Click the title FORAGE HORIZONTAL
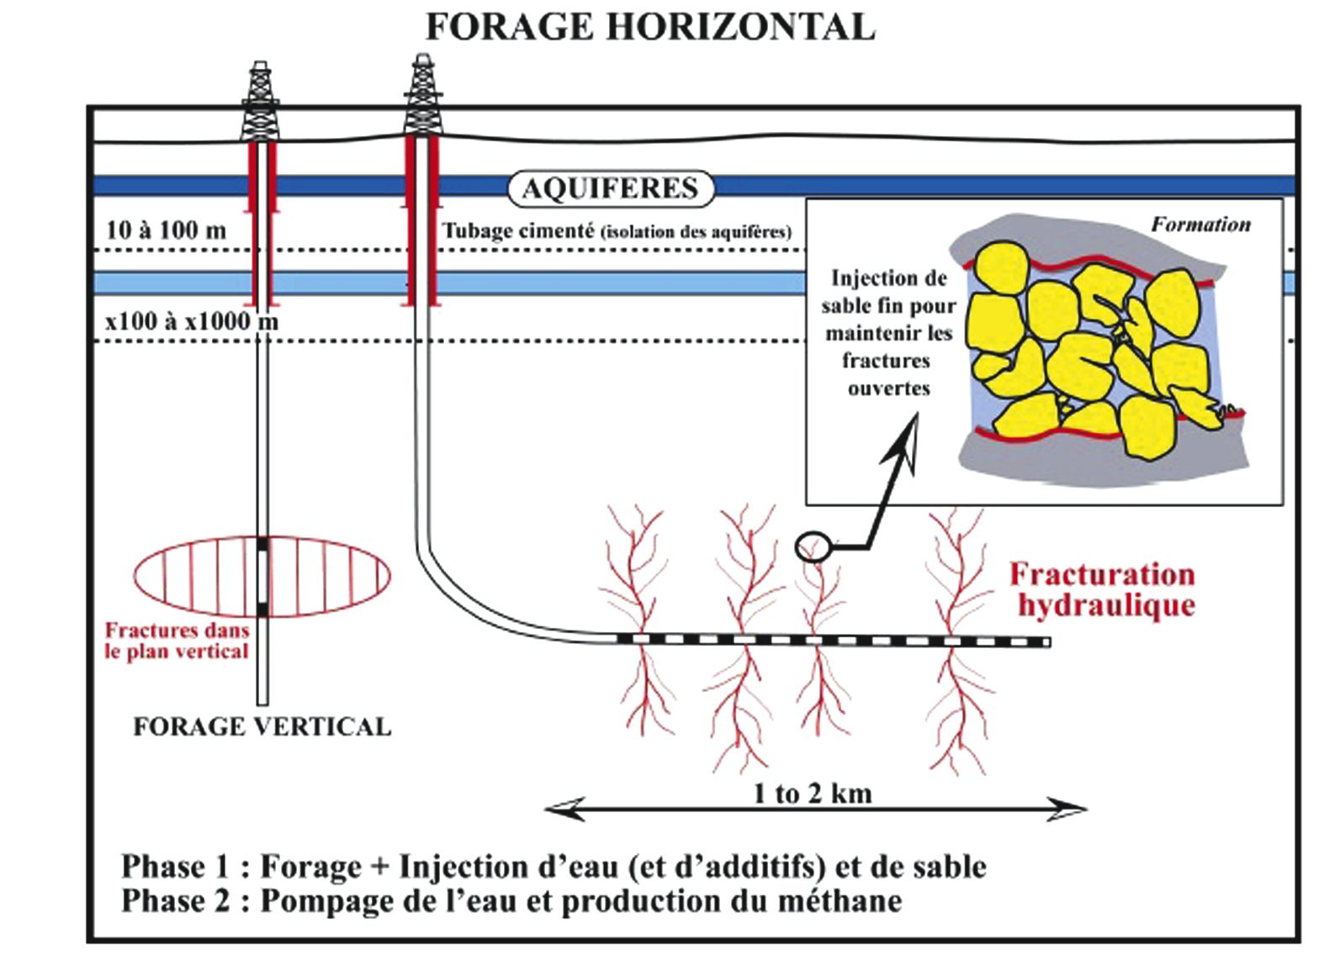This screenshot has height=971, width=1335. pyautogui.click(x=649, y=27)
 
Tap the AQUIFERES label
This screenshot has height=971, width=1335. pyautogui.click(x=610, y=188)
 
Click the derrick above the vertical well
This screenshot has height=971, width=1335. pyautogui.click(x=261, y=101)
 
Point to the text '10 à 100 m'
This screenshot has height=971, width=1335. pyautogui.click(x=167, y=230)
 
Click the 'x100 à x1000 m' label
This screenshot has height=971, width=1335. pyautogui.click(x=192, y=320)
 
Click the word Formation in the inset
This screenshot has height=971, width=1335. pyautogui.click(x=1200, y=224)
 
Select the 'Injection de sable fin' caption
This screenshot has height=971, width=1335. pyautogui.click(x=888, y=333)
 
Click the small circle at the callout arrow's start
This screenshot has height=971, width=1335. pyautogui.click(x=813, y=547)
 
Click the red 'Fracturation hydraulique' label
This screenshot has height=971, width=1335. pyautogui.click(x=1103, y=589)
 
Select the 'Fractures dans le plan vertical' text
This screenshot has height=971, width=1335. pyautogui.click(x=177, y=641)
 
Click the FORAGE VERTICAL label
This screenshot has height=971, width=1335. pyautogui.click(x=262, y=726)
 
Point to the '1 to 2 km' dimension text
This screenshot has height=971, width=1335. pyautogui.click(x=813, y=793)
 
